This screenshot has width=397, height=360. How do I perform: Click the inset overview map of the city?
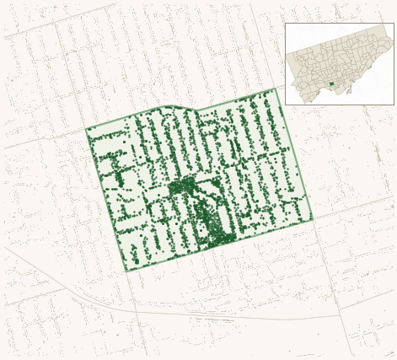(339, 63)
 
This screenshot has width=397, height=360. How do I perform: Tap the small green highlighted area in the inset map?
(331, 83)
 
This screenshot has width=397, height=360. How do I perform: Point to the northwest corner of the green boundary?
(86, 129)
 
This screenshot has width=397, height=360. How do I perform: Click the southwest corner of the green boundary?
(127, 271)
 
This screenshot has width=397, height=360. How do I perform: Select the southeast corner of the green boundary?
(313, 219)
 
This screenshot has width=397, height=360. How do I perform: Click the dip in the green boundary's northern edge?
(196, 110)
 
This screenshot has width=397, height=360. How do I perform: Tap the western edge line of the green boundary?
(106, 200)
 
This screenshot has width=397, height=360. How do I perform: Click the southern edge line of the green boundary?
(219, 245)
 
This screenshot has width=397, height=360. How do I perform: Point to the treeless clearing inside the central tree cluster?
(201, 203)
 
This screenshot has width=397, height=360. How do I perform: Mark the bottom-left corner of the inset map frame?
(286, 105)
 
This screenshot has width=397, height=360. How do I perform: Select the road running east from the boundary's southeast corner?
(354, 207)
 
